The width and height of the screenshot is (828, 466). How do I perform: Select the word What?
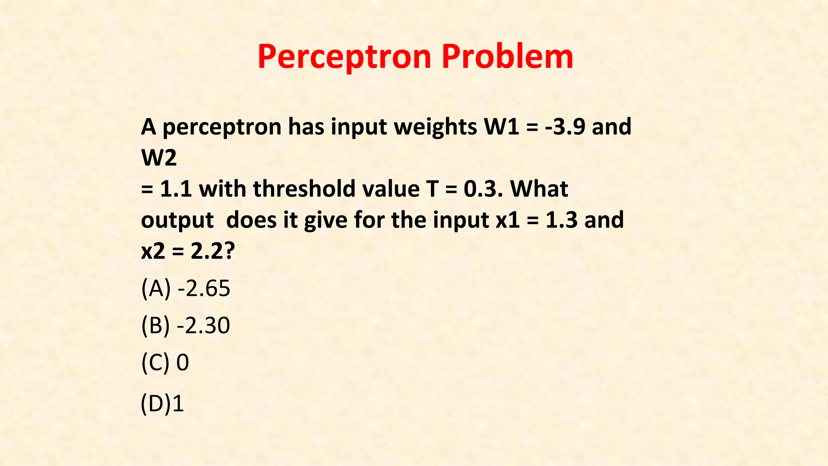click(539, 189)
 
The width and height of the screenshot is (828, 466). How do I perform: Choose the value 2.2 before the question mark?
click(207, 252)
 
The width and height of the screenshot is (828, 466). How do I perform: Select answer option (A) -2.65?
click(186, 288)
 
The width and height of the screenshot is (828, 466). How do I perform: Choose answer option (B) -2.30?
click(186, 325)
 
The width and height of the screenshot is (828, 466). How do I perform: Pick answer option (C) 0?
click(165, 362)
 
